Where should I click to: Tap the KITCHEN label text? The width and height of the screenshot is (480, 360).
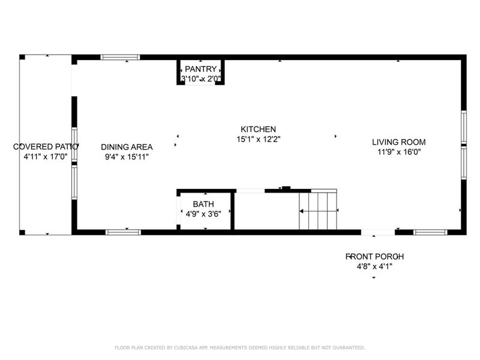pos(258,129)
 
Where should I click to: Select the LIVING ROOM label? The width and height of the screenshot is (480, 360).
pos(398,142)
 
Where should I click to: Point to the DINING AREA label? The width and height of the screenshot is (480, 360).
pos(126,147)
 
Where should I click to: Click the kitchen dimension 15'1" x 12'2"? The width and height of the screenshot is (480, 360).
pos(258,139)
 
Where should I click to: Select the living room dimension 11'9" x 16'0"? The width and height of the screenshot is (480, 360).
pos(398,152)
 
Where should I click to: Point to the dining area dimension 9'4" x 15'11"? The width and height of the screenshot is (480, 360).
pos(126,157)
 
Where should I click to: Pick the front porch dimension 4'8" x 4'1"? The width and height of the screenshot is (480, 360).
pos(373,266)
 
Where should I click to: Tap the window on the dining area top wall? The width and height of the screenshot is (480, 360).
pos(120,58)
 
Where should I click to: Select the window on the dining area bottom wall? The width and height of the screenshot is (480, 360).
pos(123,232)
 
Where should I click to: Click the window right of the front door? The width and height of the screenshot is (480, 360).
pos(430,232)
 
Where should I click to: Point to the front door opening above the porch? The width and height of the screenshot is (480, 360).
pos(378,232)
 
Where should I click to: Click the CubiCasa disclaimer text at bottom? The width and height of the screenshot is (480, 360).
pos(239,347)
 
